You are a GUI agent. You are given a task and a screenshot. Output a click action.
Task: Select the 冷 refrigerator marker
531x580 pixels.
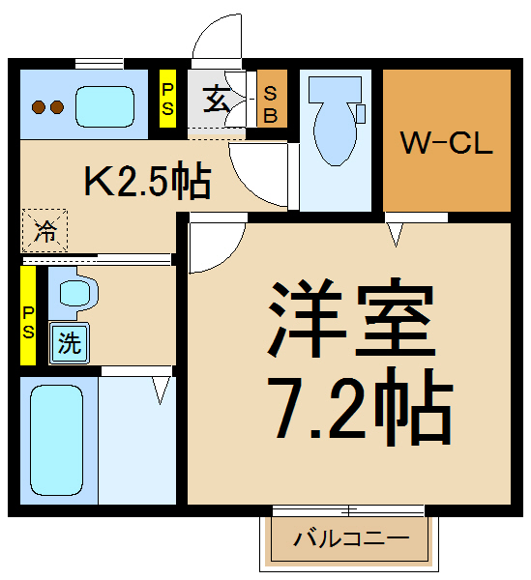44,231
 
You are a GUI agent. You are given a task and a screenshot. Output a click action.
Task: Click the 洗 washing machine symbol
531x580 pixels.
69,342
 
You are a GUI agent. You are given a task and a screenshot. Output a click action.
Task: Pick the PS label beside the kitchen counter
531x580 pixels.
167,99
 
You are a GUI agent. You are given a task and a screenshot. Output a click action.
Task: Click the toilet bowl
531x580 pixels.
334,135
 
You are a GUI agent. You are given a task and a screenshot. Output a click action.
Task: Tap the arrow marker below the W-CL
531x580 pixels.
394,235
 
